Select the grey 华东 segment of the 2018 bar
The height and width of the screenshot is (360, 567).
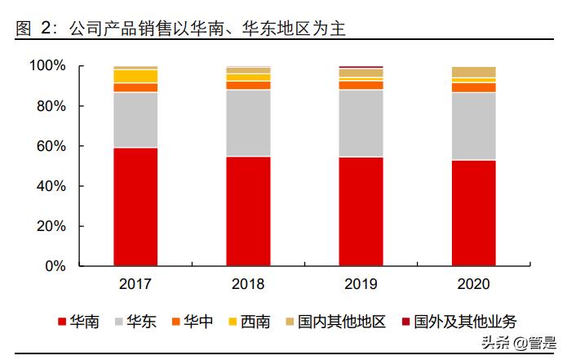point(248,122)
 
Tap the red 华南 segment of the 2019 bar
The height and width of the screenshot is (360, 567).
point(361,211)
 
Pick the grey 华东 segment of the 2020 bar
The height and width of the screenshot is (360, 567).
point(473,126)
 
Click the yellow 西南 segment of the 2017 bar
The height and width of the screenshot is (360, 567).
point(135,76)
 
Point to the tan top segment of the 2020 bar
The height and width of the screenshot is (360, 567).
point(473,72)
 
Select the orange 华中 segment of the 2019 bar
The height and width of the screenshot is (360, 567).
point(361,85)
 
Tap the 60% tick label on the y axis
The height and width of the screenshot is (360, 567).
point(51,146)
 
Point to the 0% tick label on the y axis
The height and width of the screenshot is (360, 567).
point(55,266)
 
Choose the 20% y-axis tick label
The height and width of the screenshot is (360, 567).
point(51,226)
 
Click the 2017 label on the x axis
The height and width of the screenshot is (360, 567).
point(135,285)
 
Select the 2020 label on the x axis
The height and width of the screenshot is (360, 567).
point(473,285)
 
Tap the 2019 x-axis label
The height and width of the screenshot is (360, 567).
point(361,285)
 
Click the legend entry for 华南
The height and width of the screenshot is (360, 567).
point(78,322)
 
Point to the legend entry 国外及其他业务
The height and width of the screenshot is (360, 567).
point(457,322)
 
